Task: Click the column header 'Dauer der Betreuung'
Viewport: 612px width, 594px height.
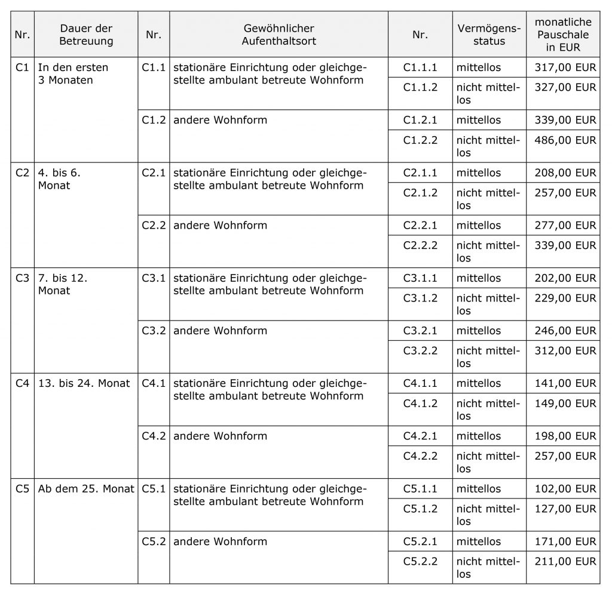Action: point(86,35)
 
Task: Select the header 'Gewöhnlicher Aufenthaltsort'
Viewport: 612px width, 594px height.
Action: point(279,35)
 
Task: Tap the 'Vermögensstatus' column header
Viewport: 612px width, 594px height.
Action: point(489,35)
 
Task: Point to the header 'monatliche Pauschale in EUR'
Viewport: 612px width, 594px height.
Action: point(563,35)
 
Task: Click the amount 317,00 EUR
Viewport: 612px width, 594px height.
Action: point(566,67)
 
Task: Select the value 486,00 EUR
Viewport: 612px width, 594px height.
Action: point(566,140)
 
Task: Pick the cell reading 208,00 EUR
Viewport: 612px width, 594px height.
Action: point(566,173)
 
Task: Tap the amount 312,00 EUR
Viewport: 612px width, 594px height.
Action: point(566,351)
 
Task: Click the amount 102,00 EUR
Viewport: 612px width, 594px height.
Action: point(566,489)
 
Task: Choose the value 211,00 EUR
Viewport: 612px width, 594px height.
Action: point(566,562)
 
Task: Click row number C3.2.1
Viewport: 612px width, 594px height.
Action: point(420,331)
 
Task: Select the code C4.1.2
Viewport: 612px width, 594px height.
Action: point(420,404)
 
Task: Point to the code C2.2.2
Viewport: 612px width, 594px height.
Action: point(420,245)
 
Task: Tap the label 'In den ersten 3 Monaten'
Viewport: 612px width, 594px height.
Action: point(73,74)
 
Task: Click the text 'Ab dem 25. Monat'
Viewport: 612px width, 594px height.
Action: point(86,489)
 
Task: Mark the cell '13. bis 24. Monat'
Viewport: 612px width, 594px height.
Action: point(84,383)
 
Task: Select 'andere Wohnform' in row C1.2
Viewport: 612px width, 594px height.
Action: point(220,120)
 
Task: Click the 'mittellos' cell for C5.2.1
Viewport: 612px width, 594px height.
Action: point(479,541)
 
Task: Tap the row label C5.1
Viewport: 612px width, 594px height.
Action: point(154,489)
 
